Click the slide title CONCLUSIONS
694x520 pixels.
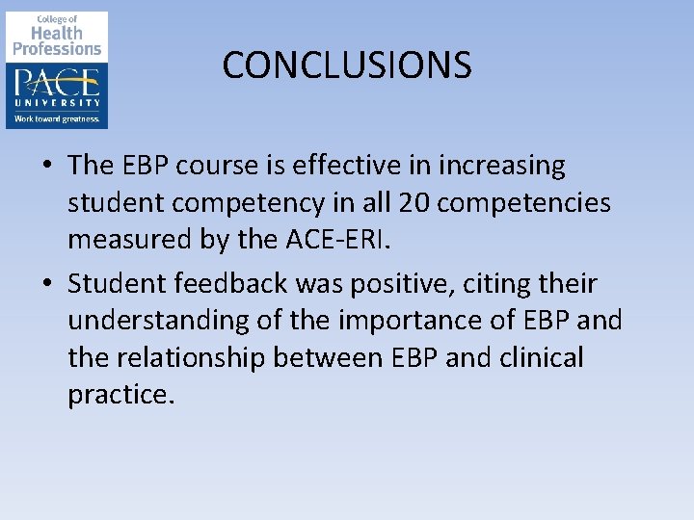347,65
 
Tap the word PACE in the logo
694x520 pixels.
57,80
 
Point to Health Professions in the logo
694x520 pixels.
57,40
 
